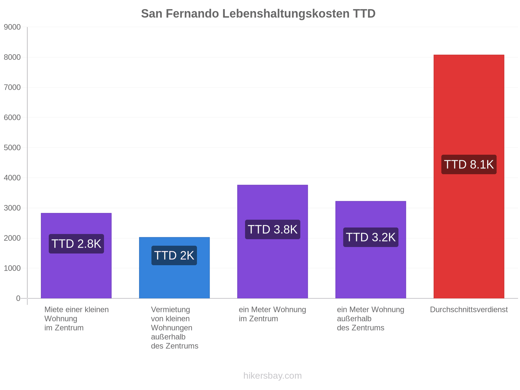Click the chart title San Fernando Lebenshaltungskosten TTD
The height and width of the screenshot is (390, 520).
[258, 14]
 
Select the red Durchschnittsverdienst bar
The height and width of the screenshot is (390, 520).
[469, 176]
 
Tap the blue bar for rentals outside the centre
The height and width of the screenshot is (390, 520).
[174, 267]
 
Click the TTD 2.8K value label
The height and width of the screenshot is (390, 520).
[76, 244]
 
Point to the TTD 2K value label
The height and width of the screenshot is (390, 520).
[174, 255]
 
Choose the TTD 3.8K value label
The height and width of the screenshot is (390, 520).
[272, 229]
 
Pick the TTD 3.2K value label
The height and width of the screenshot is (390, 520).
[370, 237]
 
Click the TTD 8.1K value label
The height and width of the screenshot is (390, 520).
[469, 164]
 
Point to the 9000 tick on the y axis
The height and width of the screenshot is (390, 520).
[12, 27]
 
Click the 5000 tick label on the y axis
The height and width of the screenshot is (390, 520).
[12, 148]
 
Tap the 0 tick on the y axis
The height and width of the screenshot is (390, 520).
[18, 298]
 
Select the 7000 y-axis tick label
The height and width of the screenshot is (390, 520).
[12, 87]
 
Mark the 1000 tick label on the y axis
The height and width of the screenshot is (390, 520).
[12, 268]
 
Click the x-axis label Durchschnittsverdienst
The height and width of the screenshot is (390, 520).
[469, 309]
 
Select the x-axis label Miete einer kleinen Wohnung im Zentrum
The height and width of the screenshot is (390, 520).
[76, 318]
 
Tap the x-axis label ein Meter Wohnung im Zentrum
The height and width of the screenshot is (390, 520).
[272, 314]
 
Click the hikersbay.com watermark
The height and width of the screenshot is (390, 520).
[272, 376]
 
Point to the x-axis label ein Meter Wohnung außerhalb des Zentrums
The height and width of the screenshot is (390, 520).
[370, 318]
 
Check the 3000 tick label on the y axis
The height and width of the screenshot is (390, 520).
[12, 208]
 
